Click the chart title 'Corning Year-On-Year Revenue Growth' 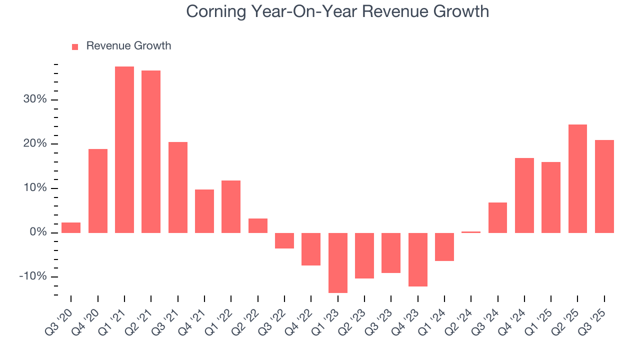337,11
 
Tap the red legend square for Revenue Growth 75,46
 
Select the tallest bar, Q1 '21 124,149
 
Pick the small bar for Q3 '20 71,227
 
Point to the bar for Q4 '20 98,190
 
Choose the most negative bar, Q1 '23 338,262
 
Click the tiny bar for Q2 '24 471,232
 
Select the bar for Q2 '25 577,178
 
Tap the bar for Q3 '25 604,186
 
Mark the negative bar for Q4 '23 418,259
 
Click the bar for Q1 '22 231,206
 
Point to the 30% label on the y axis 35,99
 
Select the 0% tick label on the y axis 38,233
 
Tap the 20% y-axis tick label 35,144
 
